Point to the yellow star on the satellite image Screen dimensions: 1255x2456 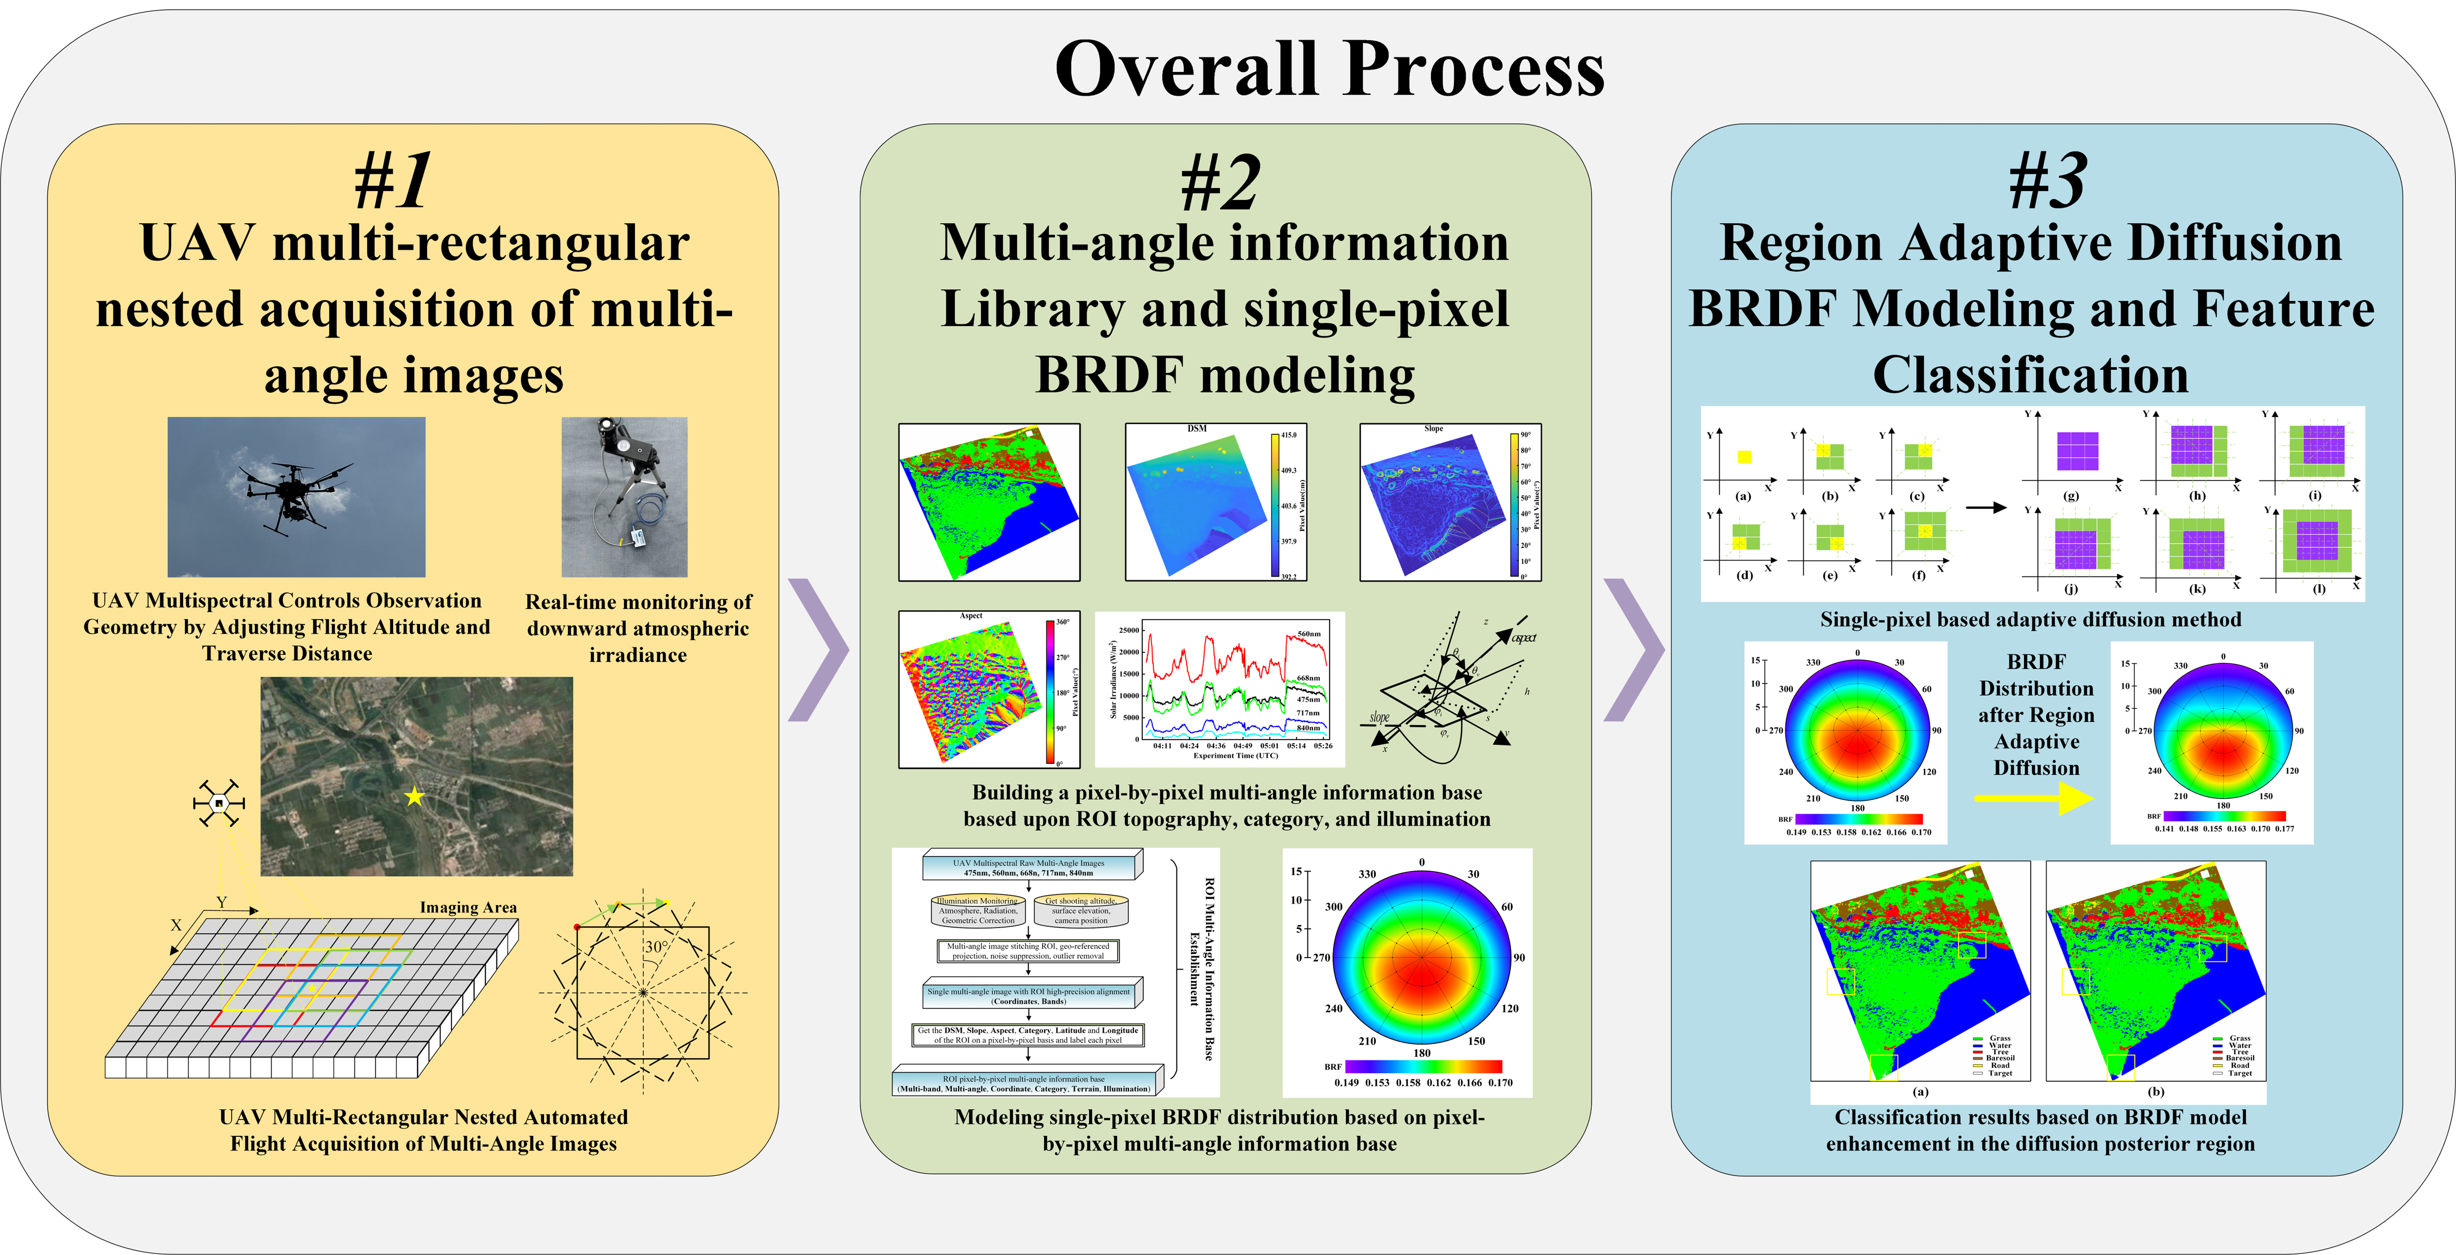(x=414, y=796)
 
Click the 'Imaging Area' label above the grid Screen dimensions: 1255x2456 (x=468, y=907)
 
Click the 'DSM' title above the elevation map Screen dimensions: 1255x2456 (x=1197, y=429)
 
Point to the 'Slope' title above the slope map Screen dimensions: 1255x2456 (x=1433, y=429)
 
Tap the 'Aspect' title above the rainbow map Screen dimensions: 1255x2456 (x=970, y=616)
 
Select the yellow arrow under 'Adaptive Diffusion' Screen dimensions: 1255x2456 (x=2033, y=798)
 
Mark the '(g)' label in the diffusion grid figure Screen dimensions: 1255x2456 (x=2071, y=496)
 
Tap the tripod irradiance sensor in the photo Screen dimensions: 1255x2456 (x=625, y=496)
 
